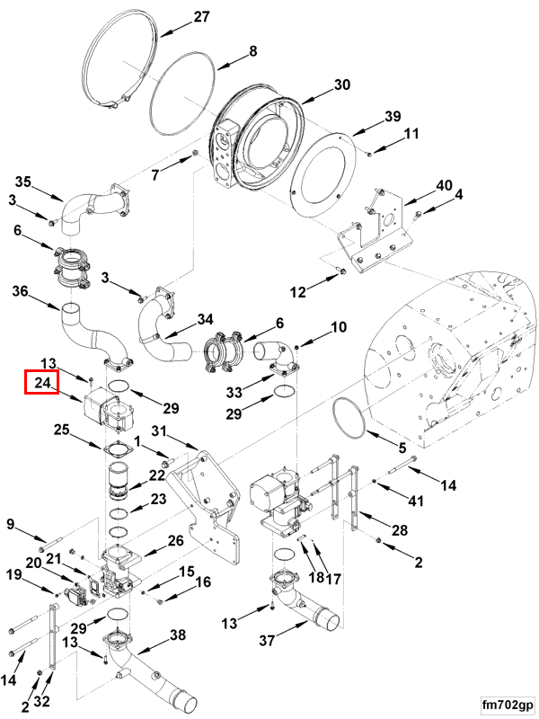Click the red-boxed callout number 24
pos(41,383)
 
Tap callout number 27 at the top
pos(200,17)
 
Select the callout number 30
pos(341,85)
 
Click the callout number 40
pos(445,186)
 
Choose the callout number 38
pos(178,635)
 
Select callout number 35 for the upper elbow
pos(22,182)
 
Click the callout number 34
pos(206,319)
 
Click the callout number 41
pos(415,500)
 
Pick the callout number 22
pos(158,475)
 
